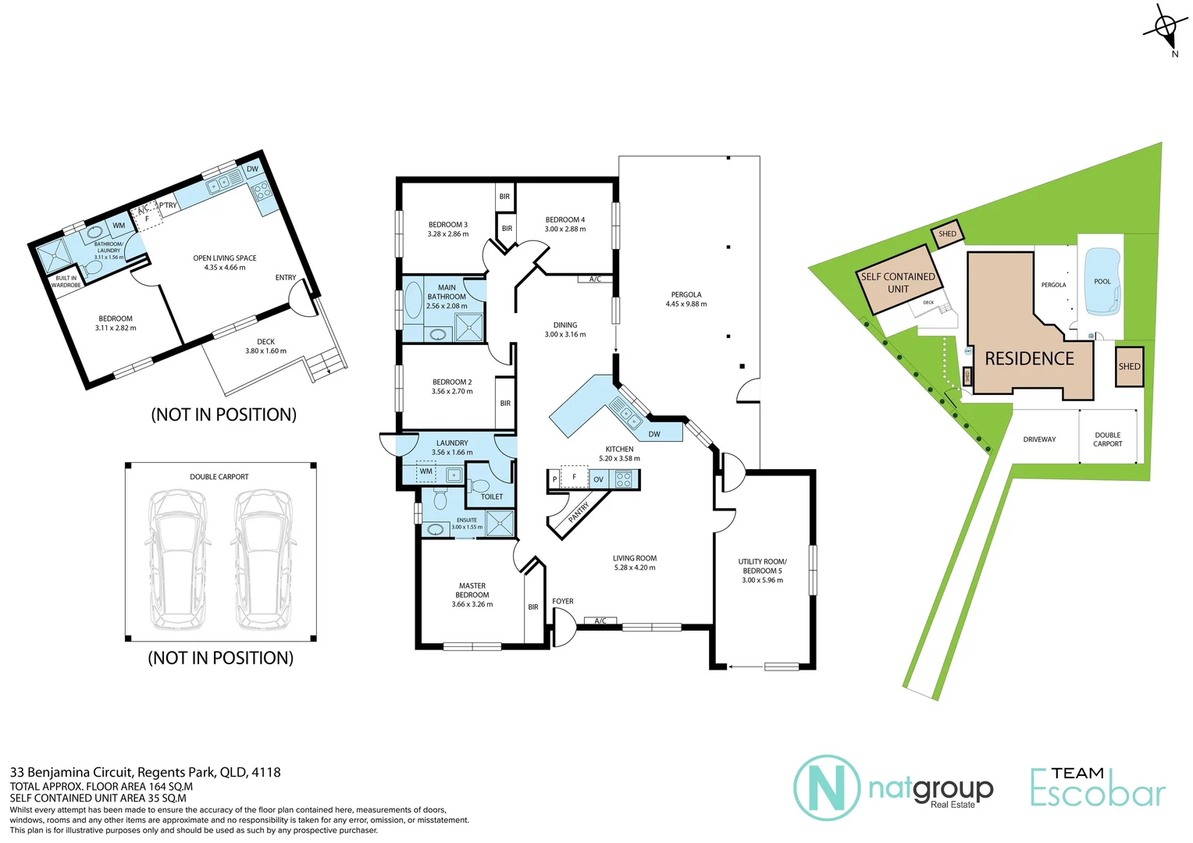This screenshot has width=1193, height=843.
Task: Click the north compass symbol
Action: [x=1165, y=29]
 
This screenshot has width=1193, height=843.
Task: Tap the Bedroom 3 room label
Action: [x=448, y=225]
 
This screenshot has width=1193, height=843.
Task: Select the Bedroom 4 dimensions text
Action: [x=565, y=229]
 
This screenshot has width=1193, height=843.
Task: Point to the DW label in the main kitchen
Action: [x=654, y=434]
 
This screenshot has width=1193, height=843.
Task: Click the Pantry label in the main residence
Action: [x=579, y=513]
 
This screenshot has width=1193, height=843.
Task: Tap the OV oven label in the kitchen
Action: [x=598, y=479]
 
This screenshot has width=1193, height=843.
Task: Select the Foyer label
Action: [x=563, y=601]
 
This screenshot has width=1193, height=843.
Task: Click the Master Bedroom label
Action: [x=472, y=590]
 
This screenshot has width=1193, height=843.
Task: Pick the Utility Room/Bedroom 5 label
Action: [x=762, y=566]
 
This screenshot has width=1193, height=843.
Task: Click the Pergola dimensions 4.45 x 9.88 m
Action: [x=686, y=304]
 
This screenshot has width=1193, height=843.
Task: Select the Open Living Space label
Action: [x=225, y=258]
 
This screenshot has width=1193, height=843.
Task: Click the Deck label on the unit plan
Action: [x=265, y=342]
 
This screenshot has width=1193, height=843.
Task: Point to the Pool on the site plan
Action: [x=1102, y=282]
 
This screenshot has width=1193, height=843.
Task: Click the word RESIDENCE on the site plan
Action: [x=1029, y=359]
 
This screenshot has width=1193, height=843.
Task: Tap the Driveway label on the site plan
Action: [x=1039, y=439]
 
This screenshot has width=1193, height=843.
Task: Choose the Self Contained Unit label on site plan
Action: [x=898, y=283]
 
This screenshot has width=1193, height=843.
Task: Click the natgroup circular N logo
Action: [x=827, y=788]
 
